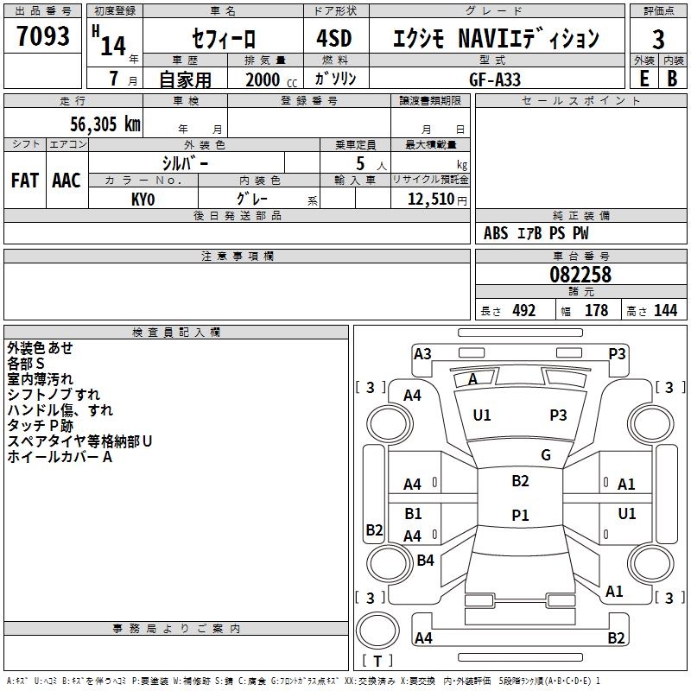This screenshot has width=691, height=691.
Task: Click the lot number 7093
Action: [x=43, y=37]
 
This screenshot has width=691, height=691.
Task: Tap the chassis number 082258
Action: [x=580, y=275]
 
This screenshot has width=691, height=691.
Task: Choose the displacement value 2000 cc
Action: [x=263, y=79]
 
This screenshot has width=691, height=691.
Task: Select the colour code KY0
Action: [x=143, y=199]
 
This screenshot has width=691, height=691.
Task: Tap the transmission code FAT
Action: [x=25, y=181]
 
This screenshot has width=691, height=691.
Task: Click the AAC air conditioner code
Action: [x=67, y=181]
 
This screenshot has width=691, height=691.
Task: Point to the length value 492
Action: [x=523, y=311]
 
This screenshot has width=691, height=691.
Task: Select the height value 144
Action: [x=665, y=311]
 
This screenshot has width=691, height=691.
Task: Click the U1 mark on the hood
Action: [x=482, y=415]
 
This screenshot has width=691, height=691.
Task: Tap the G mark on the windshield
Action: [x=546, y=455]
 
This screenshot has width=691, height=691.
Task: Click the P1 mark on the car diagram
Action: [x=520, y=515]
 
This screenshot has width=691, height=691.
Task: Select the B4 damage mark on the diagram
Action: [x=425, y=561]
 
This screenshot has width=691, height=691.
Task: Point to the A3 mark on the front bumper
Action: [x=422, y=353]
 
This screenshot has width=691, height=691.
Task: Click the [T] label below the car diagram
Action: [x=377, y=662]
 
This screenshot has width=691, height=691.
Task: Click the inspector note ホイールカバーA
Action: [x=60, y=457]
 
